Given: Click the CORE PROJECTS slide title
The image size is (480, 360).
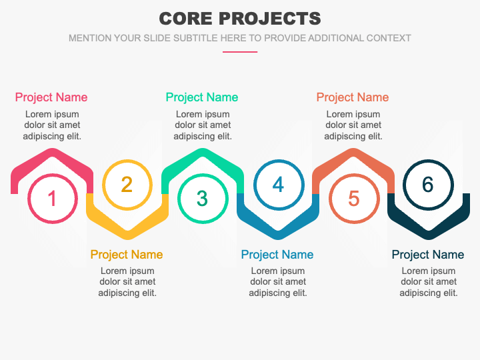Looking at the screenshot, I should (x=240, y=18).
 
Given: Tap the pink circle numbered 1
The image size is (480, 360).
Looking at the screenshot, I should (x=52, y=198).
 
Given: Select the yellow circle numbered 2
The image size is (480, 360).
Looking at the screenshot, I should (x=127, y=184).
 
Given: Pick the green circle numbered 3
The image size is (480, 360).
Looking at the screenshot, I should (x=203, y=198).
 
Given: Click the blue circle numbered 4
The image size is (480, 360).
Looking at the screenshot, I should (x=278, y=184).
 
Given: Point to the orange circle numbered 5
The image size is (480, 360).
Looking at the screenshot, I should (x=353, y=198).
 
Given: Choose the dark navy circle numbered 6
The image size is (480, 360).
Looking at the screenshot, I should (x=428, y=184).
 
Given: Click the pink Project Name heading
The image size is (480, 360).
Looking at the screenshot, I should (x=51, y=97).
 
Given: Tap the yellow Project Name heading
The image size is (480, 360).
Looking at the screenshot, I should (x=127, y=255).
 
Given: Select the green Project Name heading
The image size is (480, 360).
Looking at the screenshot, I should (x=202, y=97).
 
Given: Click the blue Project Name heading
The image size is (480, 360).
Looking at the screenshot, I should (x=277, y=255).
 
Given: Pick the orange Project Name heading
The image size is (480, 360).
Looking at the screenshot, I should (x=353, y=97).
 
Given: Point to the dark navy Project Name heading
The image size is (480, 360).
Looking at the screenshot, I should (x=428, y=255).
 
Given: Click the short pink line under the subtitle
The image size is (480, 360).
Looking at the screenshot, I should (x=240, y=51).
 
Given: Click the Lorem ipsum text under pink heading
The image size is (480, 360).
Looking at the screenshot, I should (x=52, y=125).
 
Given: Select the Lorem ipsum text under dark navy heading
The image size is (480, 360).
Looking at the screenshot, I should (x=429, y=282).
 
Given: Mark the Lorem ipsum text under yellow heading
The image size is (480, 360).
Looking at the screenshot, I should (x=127, y=282).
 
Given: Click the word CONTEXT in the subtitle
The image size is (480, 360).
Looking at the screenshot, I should (x=387, y=38).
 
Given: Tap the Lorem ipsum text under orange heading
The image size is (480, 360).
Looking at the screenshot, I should (x=353, y=125).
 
